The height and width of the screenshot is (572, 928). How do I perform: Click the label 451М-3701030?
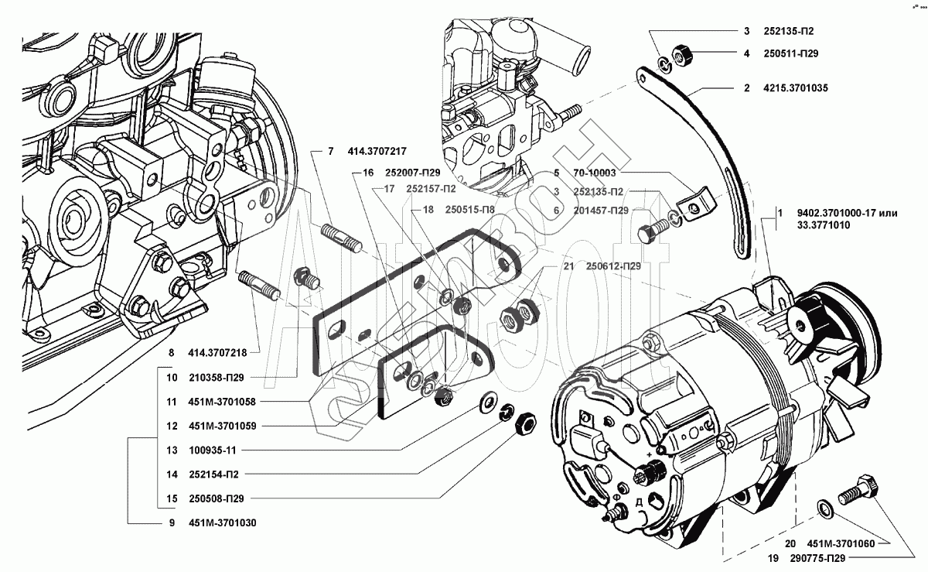[x=221, y=522]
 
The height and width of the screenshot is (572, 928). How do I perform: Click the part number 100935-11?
[x=210, y=450]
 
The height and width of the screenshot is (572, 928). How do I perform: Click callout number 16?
[x=367, y=173]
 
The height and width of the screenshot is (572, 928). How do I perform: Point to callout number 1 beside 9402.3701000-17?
[x=780, y=212]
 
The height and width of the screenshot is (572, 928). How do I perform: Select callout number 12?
[x=171, y=426]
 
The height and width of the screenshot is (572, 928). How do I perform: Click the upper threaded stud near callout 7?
[x=341, y=237]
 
